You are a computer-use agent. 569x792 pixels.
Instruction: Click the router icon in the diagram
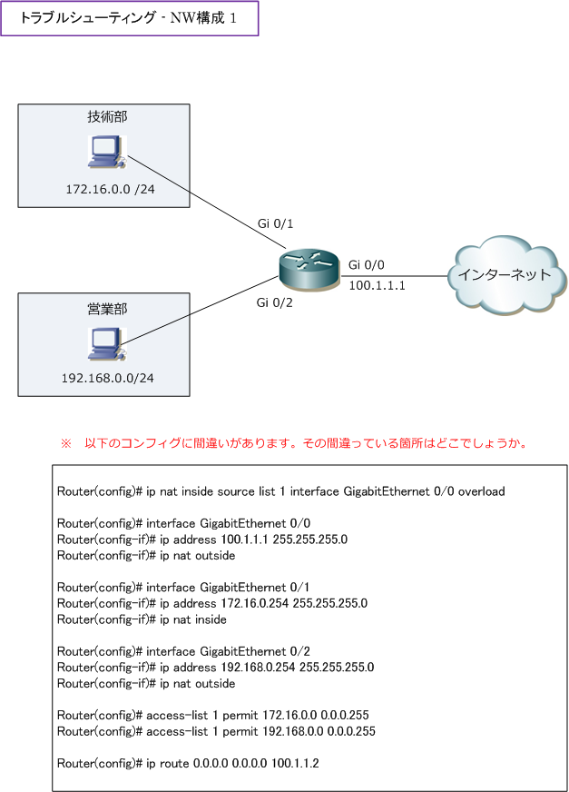click(x=309, y=271)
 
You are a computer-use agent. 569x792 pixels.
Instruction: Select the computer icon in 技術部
click(x=107, y=152)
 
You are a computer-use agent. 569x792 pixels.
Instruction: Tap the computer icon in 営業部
click(x=107, y=344)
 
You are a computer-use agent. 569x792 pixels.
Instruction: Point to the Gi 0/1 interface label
click(x=275, y=223)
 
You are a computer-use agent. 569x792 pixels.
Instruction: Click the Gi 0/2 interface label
click(x=274, y=302)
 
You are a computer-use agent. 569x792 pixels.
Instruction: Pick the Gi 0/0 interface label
click(x=366, y=264)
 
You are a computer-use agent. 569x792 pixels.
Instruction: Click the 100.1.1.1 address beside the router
click(x=378, y=285)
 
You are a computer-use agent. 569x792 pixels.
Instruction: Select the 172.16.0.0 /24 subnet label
click(x=110, y=190)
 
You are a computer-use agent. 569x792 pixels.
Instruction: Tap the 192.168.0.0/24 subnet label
click(x=108, y=379)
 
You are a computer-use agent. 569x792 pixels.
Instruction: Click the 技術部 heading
click(x=107, y=116)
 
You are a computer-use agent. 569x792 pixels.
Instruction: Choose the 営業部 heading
click(x=107, y=309)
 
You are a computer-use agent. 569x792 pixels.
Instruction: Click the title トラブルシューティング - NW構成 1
click(x=128, y=18)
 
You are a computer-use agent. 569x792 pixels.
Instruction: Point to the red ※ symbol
click(x=66, y=443)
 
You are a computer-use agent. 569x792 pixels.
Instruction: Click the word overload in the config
click(x=481, y=491)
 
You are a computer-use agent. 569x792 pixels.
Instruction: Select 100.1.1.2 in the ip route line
click(x=295, y=763)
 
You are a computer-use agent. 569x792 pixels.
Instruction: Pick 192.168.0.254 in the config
click(x=258, y=668)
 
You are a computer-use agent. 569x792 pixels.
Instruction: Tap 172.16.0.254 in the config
click(x=254, y=603)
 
